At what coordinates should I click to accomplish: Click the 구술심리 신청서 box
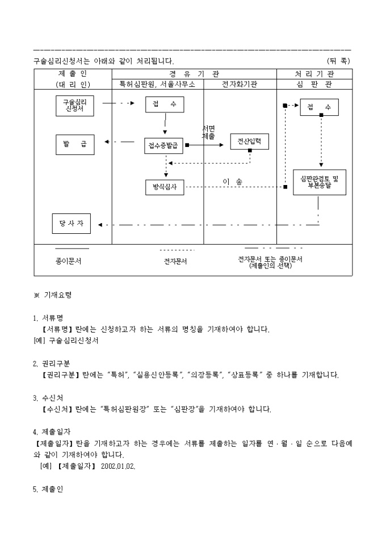(75, 106)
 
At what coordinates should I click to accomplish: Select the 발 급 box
(75, 144)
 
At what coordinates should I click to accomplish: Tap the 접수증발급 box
(165, 145)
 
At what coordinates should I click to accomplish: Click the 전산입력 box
(250, 141)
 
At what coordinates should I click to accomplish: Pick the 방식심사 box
(165, 187)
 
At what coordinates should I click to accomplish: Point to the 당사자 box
(72, 224)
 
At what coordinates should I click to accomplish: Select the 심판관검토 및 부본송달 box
(319, 182)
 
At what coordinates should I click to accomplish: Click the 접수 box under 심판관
(319, 107)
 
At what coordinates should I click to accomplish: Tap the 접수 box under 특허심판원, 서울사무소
(165, 104)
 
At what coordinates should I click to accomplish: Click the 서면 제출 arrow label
(208, 133)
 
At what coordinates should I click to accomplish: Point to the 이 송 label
(232, 182)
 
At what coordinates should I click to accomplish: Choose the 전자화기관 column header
(240, 84)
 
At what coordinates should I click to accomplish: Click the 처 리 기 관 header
(314, 74)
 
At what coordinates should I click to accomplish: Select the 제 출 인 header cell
(73, 74)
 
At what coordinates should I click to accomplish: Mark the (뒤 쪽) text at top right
(338, 60)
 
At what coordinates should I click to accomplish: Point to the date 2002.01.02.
(118, 465)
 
